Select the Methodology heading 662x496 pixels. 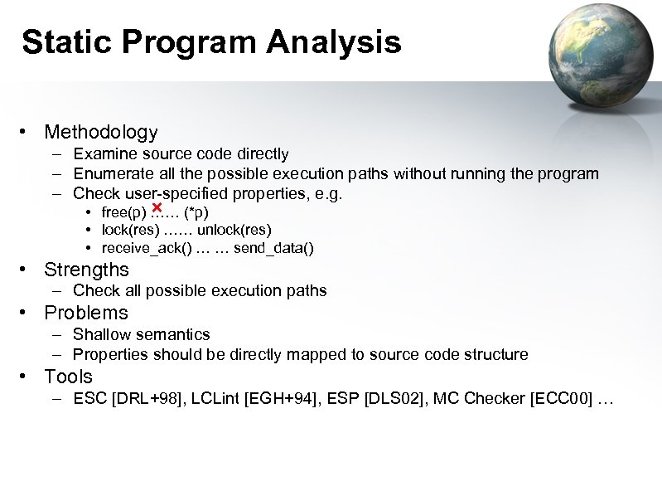100,132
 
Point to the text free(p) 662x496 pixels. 123,212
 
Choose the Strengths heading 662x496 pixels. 86,270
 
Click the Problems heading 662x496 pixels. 86,313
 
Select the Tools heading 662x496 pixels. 68,377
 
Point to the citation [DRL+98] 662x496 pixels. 146,399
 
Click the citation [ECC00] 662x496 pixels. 560,399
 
